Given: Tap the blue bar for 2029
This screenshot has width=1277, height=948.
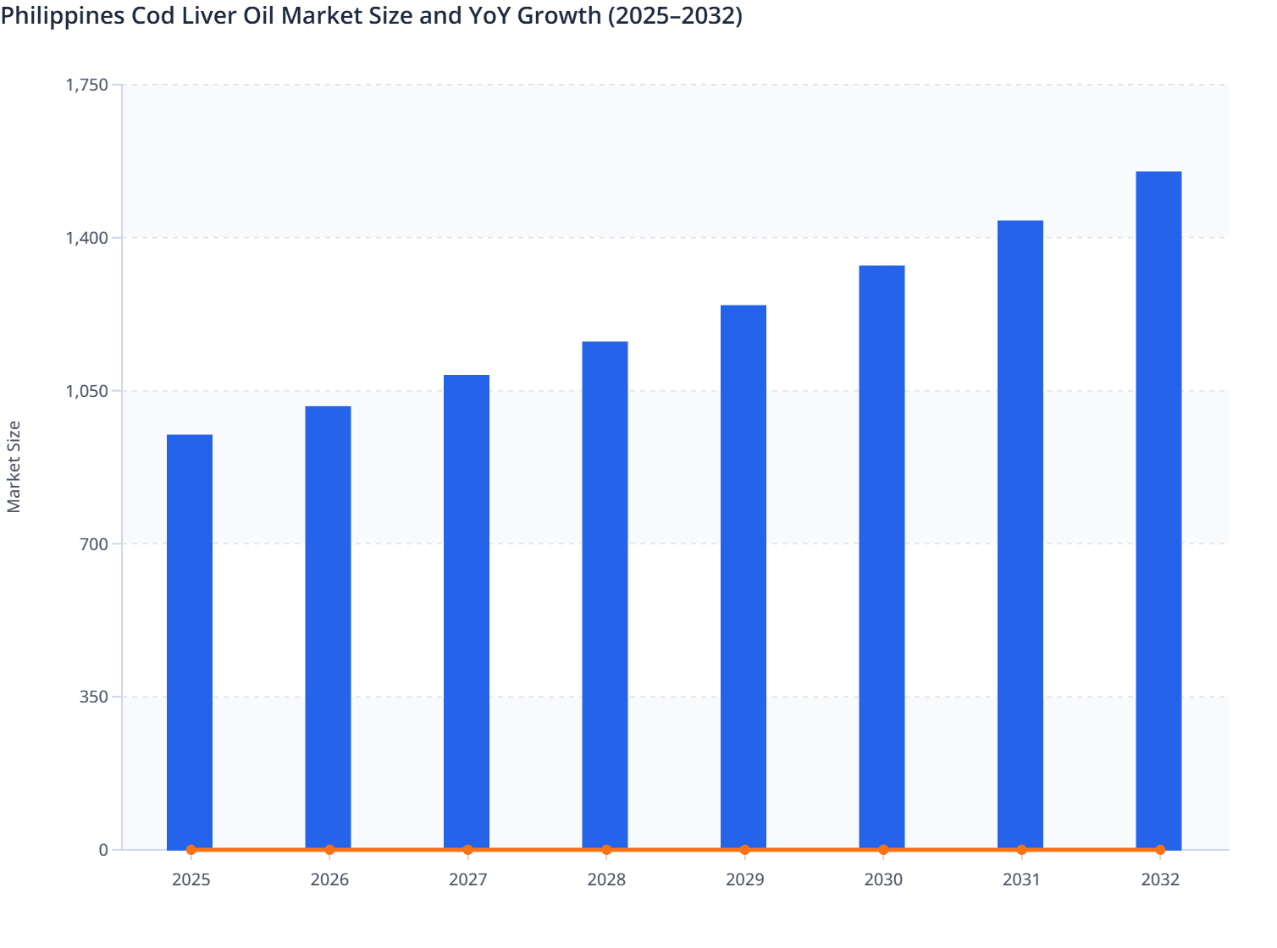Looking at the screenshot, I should pyautogui.click(x=744, y=576).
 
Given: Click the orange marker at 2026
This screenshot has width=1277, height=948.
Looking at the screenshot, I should pyautogui.click(x=329, y=850).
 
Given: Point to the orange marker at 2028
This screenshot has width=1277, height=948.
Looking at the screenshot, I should pyautogui.click(x=606, y=850).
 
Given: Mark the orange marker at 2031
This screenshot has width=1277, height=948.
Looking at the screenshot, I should pyautogui.click(x=1021, y=850).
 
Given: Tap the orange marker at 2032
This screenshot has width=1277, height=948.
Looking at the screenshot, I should pyautogui.click(x=1160, y=850).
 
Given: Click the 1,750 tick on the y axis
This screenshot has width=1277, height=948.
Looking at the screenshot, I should pyautogui.click(x=87, y=85).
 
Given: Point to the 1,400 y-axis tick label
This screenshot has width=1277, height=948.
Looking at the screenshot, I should pyautogui.click(x=87, y=238).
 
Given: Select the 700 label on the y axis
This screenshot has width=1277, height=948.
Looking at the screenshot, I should pyautogui.click(x=96, y=543).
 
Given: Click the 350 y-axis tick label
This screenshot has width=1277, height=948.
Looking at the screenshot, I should pyautogui.click(x=96, y=697).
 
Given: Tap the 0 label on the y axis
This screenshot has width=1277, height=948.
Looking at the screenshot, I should pyautogui.click(x=103, y=850).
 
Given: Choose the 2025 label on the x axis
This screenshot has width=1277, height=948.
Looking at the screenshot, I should pyautogui.click(x=191, y=879).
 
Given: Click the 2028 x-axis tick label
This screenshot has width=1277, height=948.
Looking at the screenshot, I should pyautogui.click(x=606, y=879).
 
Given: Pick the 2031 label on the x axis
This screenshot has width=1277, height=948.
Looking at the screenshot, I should pyautogui.click(x=1021, y=879).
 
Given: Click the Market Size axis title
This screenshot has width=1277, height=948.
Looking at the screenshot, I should pyautogui.click(x=14, y=466).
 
